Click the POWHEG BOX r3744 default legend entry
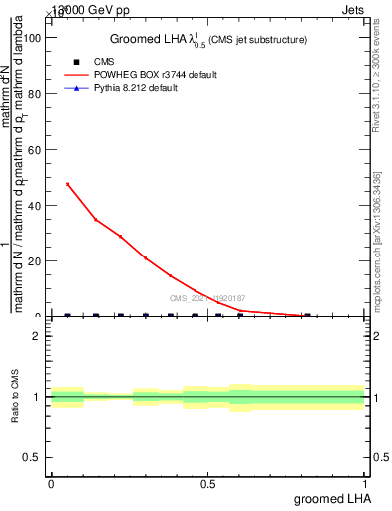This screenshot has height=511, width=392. [153, 75]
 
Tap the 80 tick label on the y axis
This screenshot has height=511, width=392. [32, 93]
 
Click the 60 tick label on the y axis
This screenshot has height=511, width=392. [32, 149]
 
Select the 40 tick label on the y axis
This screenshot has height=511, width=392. [32, 205]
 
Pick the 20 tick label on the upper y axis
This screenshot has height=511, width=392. [32, 260]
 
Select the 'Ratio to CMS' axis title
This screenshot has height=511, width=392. [15, 397]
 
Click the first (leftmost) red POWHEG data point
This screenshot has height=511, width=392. [67, 184]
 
